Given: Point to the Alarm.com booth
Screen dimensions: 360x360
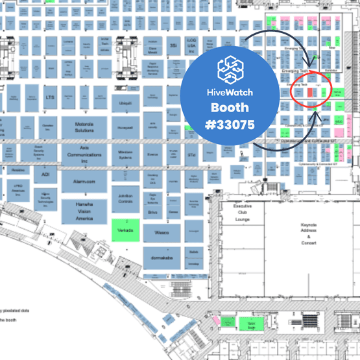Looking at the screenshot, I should (84, 184).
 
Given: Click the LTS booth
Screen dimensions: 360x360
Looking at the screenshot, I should (50, 97).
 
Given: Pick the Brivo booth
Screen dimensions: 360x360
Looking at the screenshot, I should (153, 212).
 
